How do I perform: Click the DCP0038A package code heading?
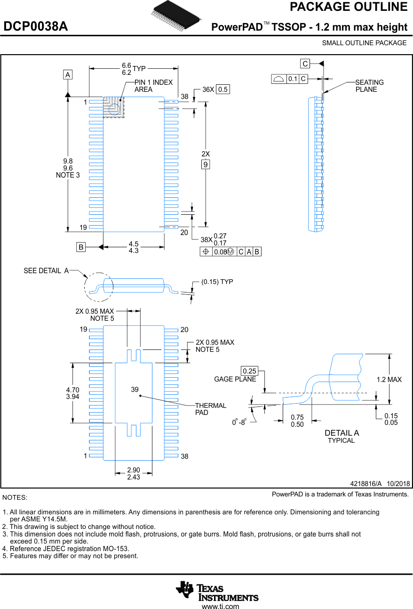pyautogui.click(x=36, y=27)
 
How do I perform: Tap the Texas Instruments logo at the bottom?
pyautogui.click(x=217, y=591)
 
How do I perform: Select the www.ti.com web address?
pyautogui.click(x=220, y=606)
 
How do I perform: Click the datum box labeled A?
pyautogui.click(x=68, y=74)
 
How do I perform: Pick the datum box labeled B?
pyautogui.click(x=81, y=247)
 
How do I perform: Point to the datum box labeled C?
pyautogui.click(x=305, y=64)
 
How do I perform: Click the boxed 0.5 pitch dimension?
pyautogui.click(x=222, y=89)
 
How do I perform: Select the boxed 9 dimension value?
pyautogui.click(x=206, y=164)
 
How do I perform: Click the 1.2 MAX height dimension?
pyautogui.click(x=389, y=380)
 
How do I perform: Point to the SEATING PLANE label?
pyautogui.click(x=369, y=86)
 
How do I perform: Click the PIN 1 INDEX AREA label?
pyautogui.click(x=153, y=86)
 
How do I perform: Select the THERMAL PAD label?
pyautogui.click(x=210, y=409)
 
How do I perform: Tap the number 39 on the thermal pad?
pyautogui.click(x=135, y=390)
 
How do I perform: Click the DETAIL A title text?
pyautogui.click(x=342, y=433)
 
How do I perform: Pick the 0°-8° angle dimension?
pyautogui.click(x=239, y=422)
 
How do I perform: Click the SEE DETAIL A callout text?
pyautogui.click(x=46, y=270)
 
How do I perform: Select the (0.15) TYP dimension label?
pyautogui.click(x=217, y=282)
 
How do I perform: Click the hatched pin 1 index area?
pyautogui.click(x=113, y=107)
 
